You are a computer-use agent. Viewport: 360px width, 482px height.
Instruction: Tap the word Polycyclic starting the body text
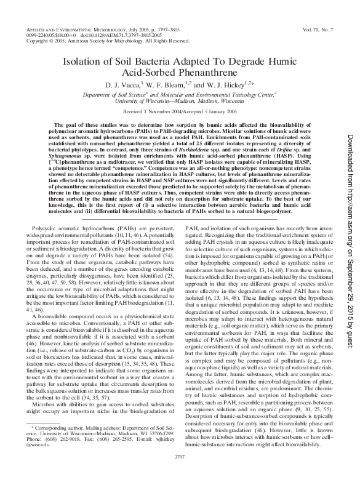(x=50, y=211)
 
